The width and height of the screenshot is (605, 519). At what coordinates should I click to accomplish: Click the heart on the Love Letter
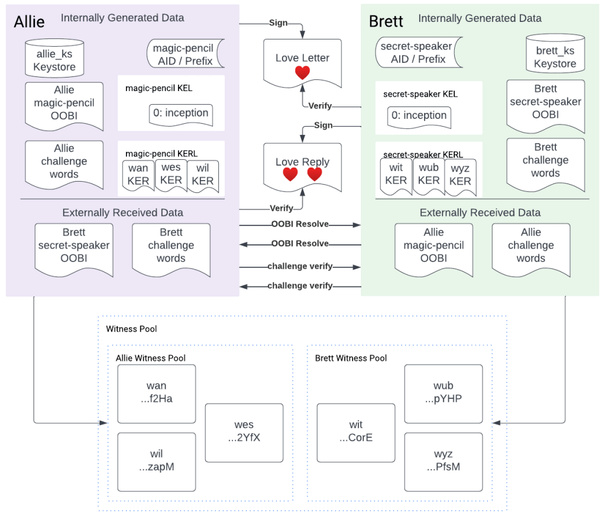[x=302, y=73]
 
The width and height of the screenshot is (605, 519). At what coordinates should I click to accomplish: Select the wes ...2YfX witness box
[x=244, y=431]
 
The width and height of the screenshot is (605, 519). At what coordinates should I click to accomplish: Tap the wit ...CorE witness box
[x=355, y=431]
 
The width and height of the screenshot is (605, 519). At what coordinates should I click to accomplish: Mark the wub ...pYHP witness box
[x=443, y=392]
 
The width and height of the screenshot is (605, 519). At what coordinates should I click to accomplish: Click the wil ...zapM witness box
[x=156, y=460]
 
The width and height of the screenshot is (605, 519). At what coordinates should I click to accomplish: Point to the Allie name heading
[x=30, y=22]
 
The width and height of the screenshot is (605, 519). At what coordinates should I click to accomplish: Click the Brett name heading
[x=386, y=22]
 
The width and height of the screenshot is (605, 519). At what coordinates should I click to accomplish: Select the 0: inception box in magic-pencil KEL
[x=180, y=114]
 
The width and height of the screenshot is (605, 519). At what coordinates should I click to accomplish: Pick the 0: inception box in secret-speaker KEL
[x=419, y=116]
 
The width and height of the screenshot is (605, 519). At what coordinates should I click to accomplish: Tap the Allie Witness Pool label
[x=150, y=358]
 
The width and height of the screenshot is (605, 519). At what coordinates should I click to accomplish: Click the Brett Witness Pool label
[x=351, y=358]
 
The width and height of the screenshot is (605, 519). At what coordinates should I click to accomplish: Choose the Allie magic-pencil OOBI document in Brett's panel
[x=433, y=246]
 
